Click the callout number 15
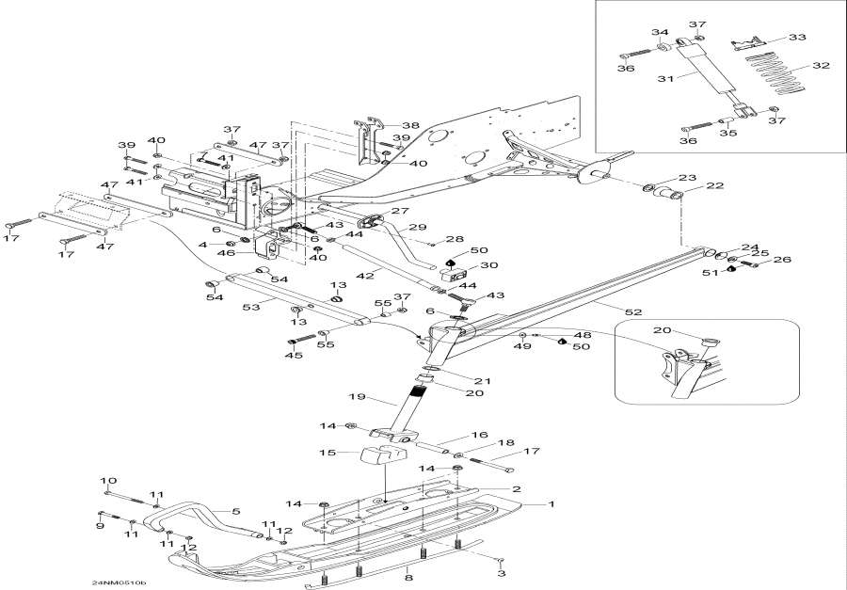tap(328, 454)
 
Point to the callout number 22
tap(714, 185)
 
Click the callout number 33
tap(796, 37)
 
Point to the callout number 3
tap(502, 573)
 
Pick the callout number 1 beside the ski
tap(551, 504)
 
